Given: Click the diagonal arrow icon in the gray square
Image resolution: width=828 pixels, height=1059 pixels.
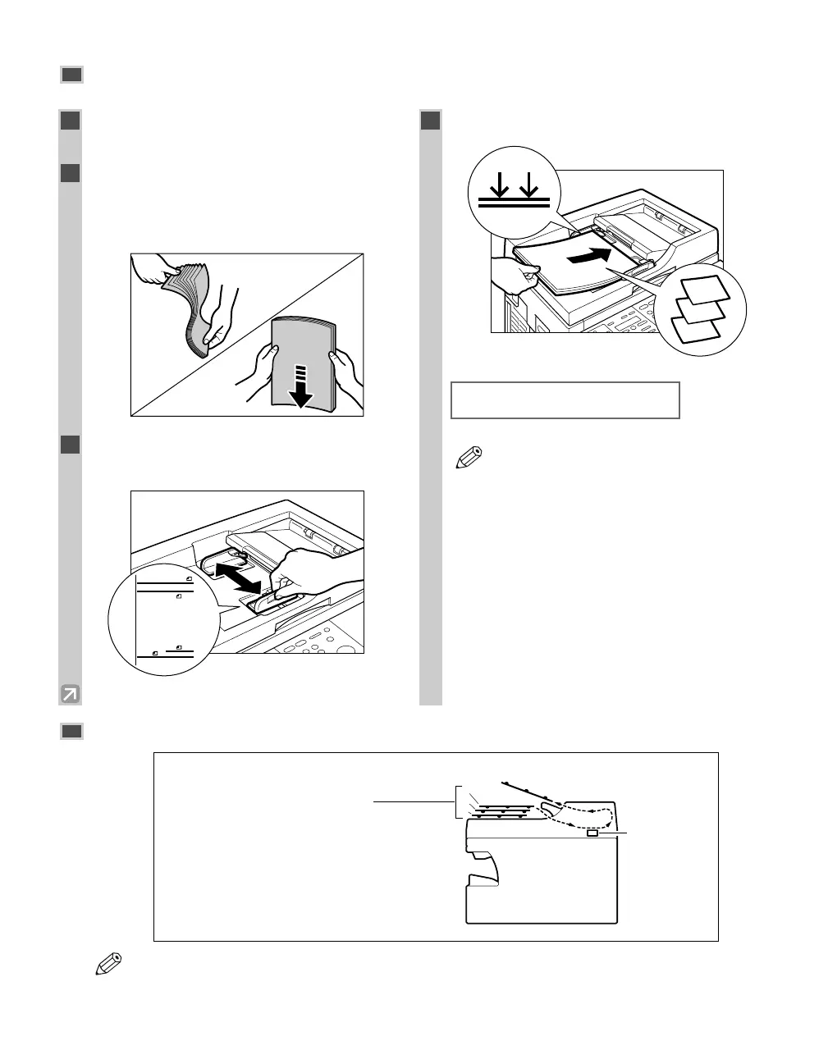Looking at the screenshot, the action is (x=71, y=695).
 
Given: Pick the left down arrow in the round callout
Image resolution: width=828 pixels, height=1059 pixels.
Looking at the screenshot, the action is (x=496, y=185).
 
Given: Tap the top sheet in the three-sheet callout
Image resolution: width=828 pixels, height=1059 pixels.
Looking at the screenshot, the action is (x=705, y=290).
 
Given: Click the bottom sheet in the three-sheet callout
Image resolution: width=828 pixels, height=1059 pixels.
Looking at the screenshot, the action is (x=696, y=330).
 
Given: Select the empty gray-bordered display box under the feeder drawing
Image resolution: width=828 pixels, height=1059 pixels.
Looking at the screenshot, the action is (x=565, y=400).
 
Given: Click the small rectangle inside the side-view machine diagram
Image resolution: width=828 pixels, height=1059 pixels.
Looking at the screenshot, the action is (x=592, y=834).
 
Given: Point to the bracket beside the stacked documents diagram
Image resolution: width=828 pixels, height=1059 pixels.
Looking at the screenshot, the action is (x=456, y=801).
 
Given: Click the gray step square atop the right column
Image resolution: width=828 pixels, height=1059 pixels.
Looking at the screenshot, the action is (x=431, y=121).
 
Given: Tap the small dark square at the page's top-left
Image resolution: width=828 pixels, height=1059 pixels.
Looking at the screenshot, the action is (x=71, y=75).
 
